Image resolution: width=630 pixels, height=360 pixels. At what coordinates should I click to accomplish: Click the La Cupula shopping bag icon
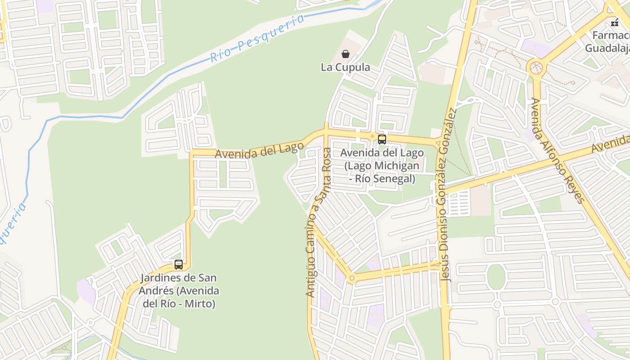tap(345, 54)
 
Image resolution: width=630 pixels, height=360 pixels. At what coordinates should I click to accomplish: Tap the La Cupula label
tap(345, 67)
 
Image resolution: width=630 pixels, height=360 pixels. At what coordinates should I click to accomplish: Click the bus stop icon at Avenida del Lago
tap(382, 139)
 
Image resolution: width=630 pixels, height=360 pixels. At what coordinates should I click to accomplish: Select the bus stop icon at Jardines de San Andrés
tap(179, 265)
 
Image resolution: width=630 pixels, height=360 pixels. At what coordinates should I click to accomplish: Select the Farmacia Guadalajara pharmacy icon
tap(615, 22)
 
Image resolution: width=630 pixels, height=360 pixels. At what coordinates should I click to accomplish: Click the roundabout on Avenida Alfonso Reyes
tap(536, 68)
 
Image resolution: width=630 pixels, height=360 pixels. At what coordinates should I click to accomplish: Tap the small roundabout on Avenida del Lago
tap(372, 135)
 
